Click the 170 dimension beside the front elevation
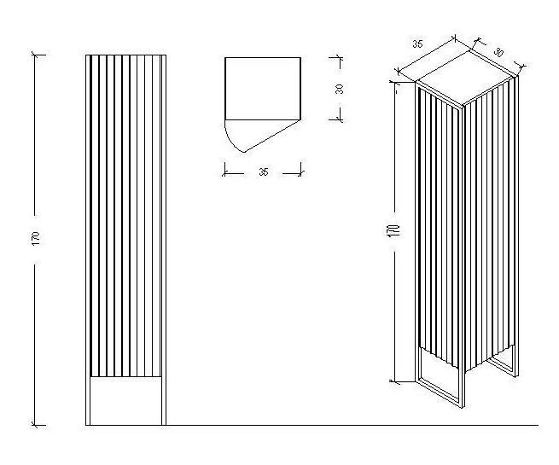tap(36, 238)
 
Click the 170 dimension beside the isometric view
tap(395, 230)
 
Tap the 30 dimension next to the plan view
tap(339, 89)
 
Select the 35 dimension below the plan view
tap(263, 172)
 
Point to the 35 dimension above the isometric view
tap(417, 44)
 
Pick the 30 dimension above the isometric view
tap(498, 52)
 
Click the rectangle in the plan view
tap(263, 89)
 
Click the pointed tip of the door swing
tap(244, 152)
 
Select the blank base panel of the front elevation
tap(125, 400)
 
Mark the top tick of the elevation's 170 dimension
tap(35, 55)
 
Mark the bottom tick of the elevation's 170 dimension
tap(35, 425)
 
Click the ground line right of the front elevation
tap(352, 425)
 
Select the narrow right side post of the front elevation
tap(164, 240)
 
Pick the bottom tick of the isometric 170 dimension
tap(396, 381)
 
